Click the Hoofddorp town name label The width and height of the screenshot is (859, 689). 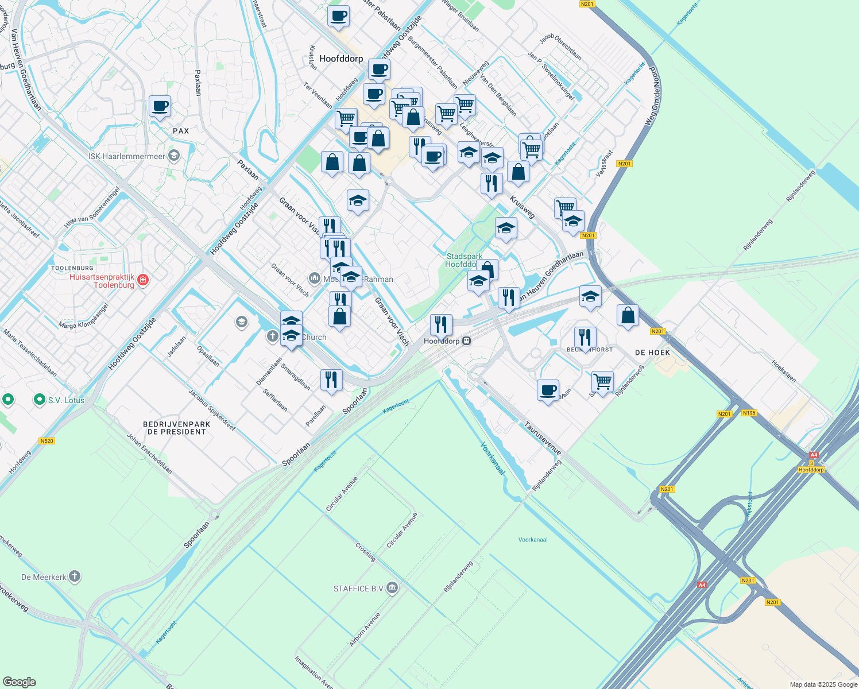click(341, 59)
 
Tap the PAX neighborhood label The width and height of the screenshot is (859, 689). click(181, 131)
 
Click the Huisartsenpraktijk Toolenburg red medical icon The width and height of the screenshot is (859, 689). click(143, 280)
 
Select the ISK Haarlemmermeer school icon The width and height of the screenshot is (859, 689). click(174, 156)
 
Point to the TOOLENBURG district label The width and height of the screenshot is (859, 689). click(72, 268)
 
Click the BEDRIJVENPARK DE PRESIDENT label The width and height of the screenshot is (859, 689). click(176, 428)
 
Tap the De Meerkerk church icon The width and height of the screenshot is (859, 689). click(74, 576)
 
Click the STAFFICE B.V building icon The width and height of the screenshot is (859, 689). click(392, 588)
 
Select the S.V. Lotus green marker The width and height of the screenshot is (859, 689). click(40, 400)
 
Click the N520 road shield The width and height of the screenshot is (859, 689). click(47, 441)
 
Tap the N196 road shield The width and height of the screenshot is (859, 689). click(749, 413)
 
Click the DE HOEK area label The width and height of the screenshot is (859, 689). click(652, 353)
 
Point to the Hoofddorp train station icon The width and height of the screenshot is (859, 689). click(467, 341)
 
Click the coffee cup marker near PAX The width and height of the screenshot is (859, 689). click(160, 106)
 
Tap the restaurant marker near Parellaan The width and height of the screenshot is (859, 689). click(331, 380)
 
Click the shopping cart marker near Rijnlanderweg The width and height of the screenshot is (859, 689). click(602, 381)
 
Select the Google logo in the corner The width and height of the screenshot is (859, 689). click(19, 682)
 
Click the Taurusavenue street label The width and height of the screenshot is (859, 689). click(543, 438)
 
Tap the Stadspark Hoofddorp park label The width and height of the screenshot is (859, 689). click(464, 260)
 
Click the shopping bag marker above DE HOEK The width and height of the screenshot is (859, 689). click(628, 315)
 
